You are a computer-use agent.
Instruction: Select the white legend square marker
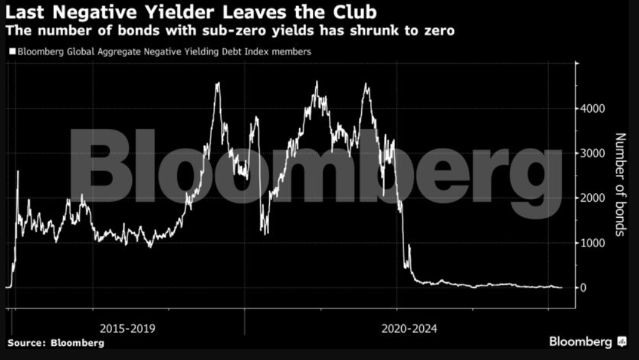tap(12, 52)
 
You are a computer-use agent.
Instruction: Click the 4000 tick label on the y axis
tap(592, 109)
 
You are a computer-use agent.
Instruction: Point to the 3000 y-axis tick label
tap(592, 153)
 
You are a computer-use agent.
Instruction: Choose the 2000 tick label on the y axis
tap(592, 198)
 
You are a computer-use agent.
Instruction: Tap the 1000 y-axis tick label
tap(592, 243)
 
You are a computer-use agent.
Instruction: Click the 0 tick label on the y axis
tap(583, 288)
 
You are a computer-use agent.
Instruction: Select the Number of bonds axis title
tap(619, 184)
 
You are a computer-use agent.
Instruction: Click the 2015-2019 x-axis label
tap(128, 329)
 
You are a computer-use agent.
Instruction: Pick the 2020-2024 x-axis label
tap(409, 329)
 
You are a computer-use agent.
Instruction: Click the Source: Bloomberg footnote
tap(56, 343)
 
